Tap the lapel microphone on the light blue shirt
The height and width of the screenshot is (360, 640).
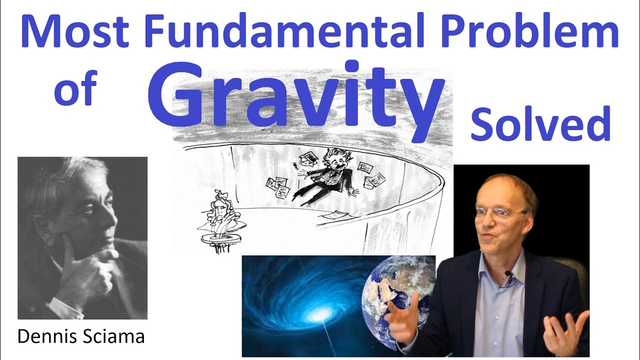[x=508, y=274]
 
